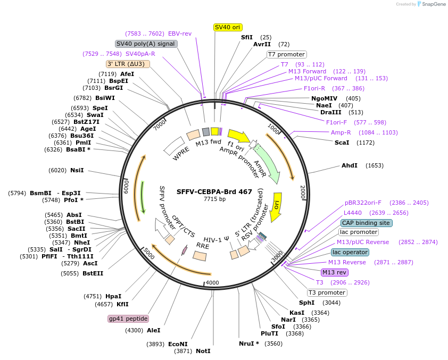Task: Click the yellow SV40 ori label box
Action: pos(228,27)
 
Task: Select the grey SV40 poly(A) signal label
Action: pos(146,44)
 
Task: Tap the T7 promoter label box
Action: pos(286,54)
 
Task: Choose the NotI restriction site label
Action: pos(203,351)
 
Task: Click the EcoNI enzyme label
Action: pos(178,344)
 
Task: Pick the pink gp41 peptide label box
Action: pos(128,319)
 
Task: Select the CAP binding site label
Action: pos(366,223)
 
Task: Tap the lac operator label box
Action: pos(350,252)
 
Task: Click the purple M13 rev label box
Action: pos(335,272)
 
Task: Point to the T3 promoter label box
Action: pos(327,292)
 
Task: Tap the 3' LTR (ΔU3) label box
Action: pos(128,64)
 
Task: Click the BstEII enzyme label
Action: pos(93,273)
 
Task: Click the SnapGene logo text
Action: pos(434,4)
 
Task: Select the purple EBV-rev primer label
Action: pos(180,34)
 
